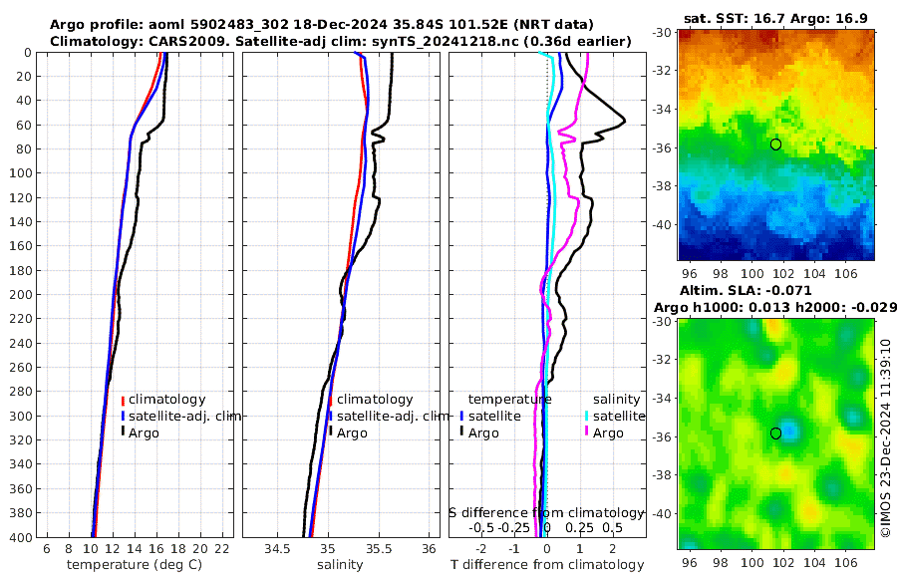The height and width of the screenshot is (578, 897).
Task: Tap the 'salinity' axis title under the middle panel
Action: pos(340,565)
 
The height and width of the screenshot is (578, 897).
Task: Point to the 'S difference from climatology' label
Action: pos(544,512)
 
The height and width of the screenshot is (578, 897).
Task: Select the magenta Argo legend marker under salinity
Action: pos(587,433)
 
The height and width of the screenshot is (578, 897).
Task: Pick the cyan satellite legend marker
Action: pos(587,416)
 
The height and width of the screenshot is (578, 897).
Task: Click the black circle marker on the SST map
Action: pos(775,144)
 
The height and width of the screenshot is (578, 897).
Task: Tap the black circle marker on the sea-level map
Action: pos(775,433)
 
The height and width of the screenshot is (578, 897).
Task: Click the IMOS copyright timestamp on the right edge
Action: pos(886,439)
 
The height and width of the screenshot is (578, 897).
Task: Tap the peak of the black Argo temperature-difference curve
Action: pos(624,121)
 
